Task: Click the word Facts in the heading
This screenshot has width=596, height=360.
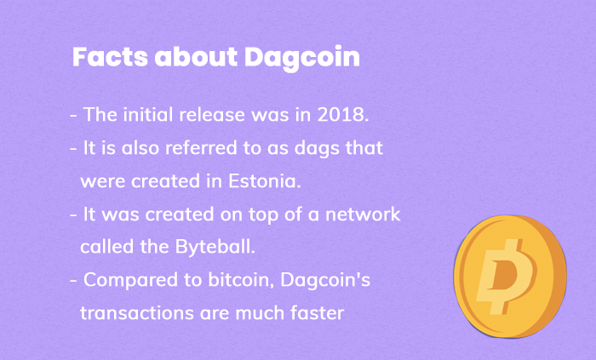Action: [x=110, y=57]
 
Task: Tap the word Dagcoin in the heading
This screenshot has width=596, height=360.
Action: [x=302, y=59]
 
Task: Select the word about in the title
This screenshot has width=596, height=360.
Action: [x=196, y=57]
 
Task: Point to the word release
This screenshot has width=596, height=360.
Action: [x=212, y=114]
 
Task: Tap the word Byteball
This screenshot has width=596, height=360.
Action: [x=215, y=248]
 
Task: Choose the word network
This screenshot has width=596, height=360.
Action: [x=363, y=214]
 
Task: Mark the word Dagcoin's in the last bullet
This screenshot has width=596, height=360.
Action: [x=325, y=281]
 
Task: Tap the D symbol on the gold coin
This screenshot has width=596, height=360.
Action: [x=507, y=277]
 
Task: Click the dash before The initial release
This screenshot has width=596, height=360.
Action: [x=73, y=116]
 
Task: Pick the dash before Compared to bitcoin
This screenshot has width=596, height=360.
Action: [x=73, y=281]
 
